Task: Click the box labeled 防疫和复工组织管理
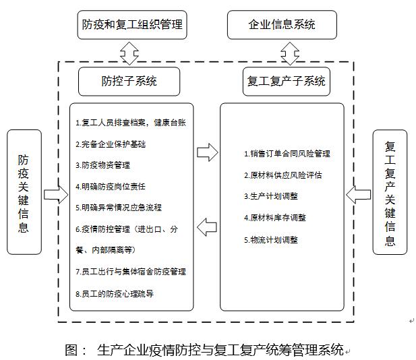[x=132, y=25]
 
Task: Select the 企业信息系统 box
[x=282, y=25]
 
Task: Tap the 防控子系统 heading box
[x=129, y=81]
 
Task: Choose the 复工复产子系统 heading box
[x=287, y=81]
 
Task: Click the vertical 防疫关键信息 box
[x=24, y=192]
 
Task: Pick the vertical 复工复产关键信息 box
[x=390, y=192]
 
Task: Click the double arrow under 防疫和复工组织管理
[x=129, y=53]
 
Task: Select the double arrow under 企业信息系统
[x=290, y=53]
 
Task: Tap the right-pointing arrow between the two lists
[x=208, y=152]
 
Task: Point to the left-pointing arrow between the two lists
[x=207, y=227]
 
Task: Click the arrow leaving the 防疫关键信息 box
[x=56, y=195]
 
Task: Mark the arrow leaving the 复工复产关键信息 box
[x=359, y=195]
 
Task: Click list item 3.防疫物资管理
[x=103, y=165]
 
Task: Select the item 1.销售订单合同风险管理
[x=287, y=154]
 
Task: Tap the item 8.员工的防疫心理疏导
[x=115, y=294]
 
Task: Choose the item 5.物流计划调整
[x=271, y=240]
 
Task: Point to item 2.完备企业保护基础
[x=111, y=144]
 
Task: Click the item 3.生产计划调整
[x=271, y=196]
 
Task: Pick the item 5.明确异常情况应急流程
[x=119, y=208]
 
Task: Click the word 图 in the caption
[x=71, y=350]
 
